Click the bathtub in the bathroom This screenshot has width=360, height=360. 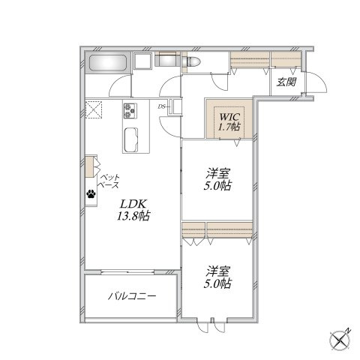pos(108,63)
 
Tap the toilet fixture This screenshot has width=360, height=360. pos(191,61)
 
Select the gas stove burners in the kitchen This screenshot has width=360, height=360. pos(130,111)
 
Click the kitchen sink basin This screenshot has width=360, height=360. pos(131,140)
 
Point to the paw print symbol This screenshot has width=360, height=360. pos(91,193)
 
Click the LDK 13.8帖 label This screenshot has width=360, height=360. pos(133,210)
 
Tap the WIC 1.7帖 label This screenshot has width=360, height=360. pos(229,121)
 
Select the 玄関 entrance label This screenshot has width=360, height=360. pos(286,82)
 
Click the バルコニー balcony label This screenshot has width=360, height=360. pos(132,296)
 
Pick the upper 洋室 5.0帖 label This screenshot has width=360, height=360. pos(217,179)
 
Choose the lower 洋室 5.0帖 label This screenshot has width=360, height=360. pos(217,277)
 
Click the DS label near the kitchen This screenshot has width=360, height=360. pos(161,106)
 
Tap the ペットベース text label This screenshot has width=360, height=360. pos(109,181)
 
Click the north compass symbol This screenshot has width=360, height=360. pos(340,340)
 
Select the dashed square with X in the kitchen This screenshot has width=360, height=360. pos(94,109)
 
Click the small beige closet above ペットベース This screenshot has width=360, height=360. pos(90,166)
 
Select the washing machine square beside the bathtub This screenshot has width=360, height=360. pos(142,61)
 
